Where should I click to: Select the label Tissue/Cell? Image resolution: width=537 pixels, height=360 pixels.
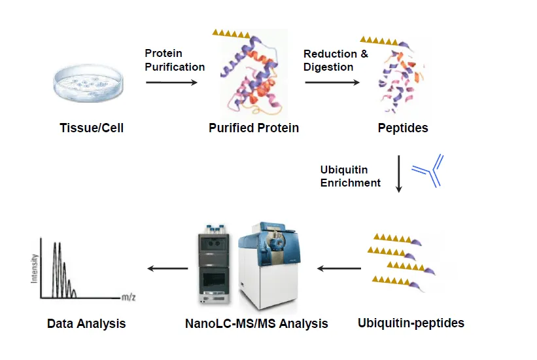pos(91,128)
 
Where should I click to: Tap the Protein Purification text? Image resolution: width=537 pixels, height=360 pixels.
pos(175,60)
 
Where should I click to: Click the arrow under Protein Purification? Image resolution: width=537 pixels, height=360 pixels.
pos(171,82)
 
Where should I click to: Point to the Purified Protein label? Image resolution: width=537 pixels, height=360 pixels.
pos(254,128)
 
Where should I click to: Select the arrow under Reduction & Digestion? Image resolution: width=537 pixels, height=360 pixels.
pos(332,82)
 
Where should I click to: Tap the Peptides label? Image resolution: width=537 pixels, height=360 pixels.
pos(403,128)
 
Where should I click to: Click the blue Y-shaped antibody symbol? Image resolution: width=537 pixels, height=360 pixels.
pos(429,171)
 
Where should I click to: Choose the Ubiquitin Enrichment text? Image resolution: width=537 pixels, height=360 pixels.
pos(350,176)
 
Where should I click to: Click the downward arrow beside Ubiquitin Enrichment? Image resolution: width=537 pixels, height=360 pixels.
pos(399,174)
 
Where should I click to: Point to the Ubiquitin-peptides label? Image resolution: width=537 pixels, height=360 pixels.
pos(411,323)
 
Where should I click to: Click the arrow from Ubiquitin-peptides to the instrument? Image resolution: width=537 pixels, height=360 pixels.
pos(339,268)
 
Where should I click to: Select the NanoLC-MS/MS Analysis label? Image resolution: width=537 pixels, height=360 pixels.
pos(256,323)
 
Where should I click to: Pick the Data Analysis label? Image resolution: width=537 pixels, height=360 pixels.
pos(86,323)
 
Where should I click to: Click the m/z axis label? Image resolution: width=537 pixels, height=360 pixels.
pos(129,297)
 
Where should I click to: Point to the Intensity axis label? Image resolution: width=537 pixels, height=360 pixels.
pos(33,268)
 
